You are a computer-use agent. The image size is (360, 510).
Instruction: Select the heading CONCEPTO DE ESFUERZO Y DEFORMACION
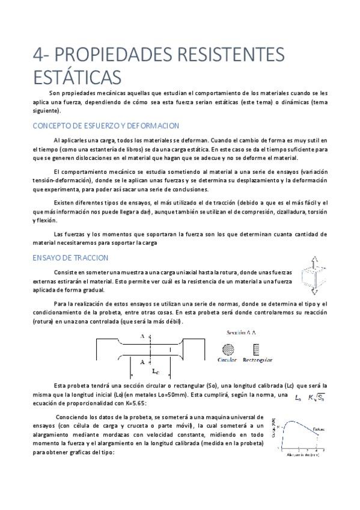(105, 125)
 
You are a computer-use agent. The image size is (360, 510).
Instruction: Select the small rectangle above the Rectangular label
(257, 349)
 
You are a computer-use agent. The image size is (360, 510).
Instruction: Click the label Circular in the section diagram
(228, 360)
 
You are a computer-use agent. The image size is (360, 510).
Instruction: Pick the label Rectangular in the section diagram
(257, 360)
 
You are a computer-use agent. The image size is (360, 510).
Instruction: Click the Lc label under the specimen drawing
(156, 370)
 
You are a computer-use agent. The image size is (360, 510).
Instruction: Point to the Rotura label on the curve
(319, 429)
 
